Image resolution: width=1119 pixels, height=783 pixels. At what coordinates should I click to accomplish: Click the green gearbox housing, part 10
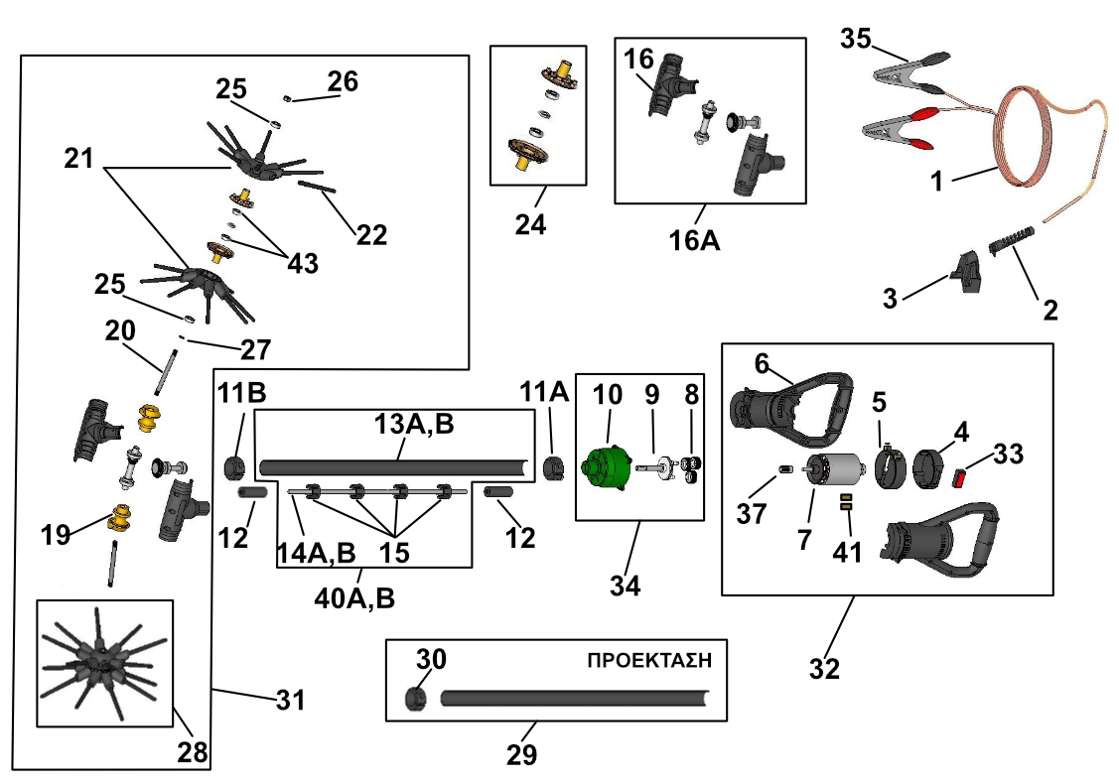[x=607, y=467]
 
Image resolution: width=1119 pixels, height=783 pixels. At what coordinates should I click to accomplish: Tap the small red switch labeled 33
[x=960, y=477]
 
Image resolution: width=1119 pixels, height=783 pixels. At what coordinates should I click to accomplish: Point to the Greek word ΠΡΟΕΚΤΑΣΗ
[x=649, y=660]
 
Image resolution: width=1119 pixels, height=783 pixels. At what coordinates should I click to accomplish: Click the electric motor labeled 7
[x=834, y=471]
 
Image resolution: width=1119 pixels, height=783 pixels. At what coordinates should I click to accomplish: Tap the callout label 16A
[x=694, y=240]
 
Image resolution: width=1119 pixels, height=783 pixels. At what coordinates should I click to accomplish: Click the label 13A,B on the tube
[x=414, y=424]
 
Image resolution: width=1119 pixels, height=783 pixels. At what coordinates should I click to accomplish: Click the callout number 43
[x=303, y=263]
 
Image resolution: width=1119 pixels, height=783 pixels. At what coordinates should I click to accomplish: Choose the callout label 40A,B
[x=354, y=598]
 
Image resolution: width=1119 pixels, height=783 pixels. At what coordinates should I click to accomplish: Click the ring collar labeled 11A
[x=554, y=468]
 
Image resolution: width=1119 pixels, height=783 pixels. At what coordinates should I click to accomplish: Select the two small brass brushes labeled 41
[x=846, y=502]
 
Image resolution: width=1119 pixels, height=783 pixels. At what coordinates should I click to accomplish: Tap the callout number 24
[x=530, y=224]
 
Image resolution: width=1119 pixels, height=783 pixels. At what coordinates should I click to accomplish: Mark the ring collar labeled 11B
[x=235, y=468]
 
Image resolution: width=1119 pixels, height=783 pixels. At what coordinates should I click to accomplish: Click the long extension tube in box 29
[x=575, y=698]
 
